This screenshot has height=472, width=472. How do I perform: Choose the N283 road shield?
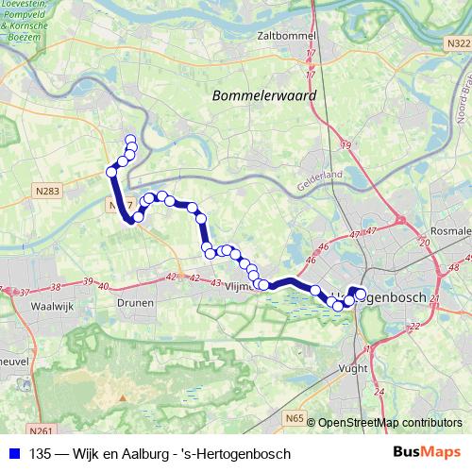tap(46, 192)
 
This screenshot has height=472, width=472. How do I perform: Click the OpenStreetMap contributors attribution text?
tap(389, 423)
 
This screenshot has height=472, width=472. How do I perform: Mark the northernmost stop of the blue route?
tap(130, 141)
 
